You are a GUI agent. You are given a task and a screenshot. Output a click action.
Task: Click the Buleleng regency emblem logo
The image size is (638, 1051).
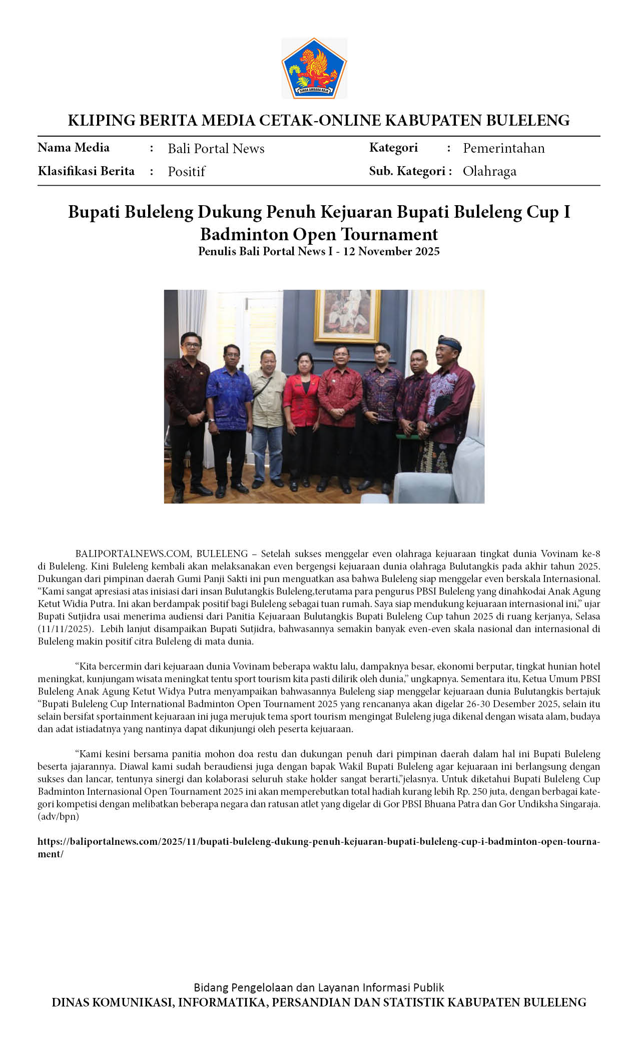(314, 68)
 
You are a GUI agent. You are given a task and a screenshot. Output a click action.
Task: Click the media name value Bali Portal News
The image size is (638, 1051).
(216, 149)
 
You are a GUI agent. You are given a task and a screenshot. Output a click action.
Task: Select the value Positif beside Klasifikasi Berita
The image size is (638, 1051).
(186, 172)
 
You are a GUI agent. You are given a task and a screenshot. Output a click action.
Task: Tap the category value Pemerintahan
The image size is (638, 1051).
(503, 148)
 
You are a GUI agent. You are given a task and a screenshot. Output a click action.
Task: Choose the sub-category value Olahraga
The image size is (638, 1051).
(489, 171)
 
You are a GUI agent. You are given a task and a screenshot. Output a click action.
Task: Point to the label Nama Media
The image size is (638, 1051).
(74, 148)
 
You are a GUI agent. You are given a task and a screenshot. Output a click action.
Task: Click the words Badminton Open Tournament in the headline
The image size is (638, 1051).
(319, 234)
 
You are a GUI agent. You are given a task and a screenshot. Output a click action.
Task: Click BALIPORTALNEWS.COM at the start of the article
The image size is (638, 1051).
(133, 554)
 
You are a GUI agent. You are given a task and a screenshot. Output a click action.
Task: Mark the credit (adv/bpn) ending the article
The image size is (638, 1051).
(58, 816)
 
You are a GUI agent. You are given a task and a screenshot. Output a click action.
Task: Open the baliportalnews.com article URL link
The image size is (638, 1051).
(319, 841)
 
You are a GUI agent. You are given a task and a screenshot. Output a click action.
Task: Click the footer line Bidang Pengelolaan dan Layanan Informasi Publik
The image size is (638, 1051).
(319, 987)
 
